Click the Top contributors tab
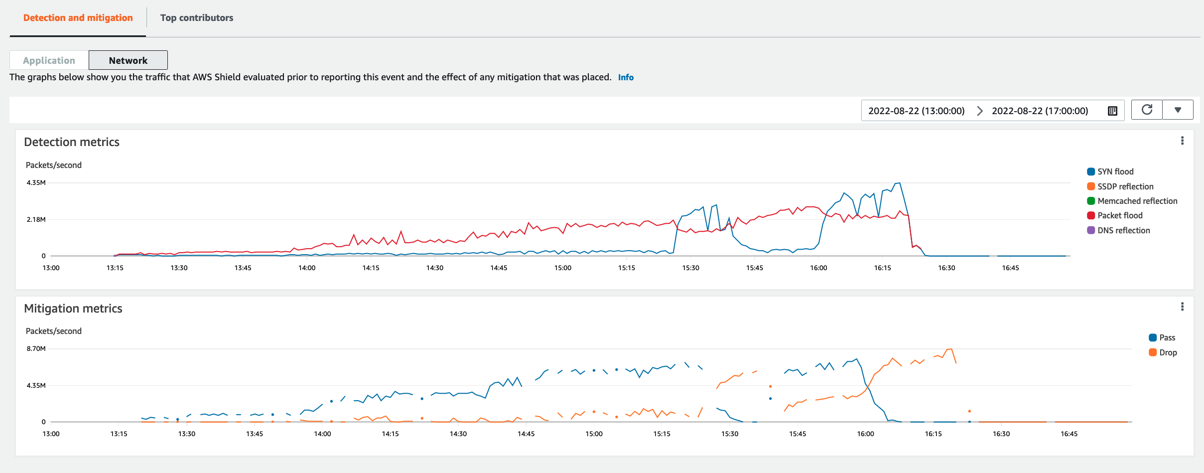[x=196, y=18]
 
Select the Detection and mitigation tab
[x=78, y=18]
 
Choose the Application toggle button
[x=49, y=60]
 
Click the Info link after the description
[x=626, y=77]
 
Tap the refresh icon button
[x=1147, y=110]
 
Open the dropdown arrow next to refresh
[x=1178, y=110]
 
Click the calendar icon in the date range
[x=1112, y=111]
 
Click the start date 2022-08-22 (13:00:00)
[x=916, y=111]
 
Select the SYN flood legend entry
[x=1115, y=171]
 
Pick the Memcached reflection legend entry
[x=1137, y=201]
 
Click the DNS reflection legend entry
[x=1123, y=230]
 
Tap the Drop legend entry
[x=1167, y=352]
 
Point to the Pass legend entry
[x=1167, y=337]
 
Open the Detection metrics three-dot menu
[x=1182, y=141]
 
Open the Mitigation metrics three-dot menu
[x=1182, y=307]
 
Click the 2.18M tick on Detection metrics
[x=36, y=219]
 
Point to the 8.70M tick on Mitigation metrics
[x=36, y=348]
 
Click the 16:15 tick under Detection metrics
[x=882, y=268]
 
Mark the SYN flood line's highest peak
[x=899, y=183]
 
